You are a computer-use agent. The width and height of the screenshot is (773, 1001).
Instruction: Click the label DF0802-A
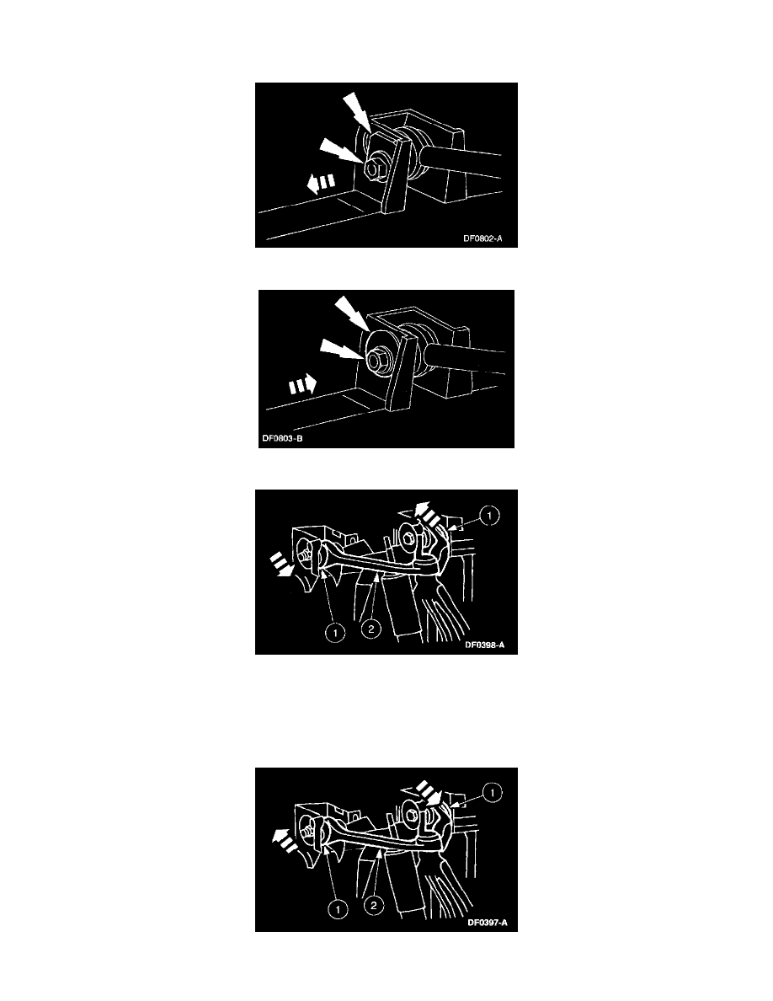[482, 238]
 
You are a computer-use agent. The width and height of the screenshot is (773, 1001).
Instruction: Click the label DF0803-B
[283, 439]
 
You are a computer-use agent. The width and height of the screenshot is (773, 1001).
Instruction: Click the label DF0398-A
[485, 645]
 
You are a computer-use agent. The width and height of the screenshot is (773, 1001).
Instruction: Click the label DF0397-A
[488, 923]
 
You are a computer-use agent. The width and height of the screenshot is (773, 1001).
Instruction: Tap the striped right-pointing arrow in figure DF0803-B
[302, 385]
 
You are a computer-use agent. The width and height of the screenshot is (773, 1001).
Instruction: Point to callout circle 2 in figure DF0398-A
[371, 629]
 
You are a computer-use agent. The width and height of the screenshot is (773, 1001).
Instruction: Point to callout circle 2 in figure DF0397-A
[374, 905]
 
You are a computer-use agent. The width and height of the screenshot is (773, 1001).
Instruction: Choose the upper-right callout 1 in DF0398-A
[489, 515]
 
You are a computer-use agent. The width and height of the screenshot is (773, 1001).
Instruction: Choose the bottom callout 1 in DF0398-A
[335, 633]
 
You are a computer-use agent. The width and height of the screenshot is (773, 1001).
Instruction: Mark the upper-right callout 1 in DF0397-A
[493, 793]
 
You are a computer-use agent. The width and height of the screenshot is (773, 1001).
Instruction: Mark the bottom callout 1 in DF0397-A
[338, 909]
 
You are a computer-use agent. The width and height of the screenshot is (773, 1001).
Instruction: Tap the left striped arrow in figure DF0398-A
[281, 565]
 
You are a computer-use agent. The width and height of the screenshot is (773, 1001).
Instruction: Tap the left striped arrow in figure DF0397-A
[284, 839]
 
